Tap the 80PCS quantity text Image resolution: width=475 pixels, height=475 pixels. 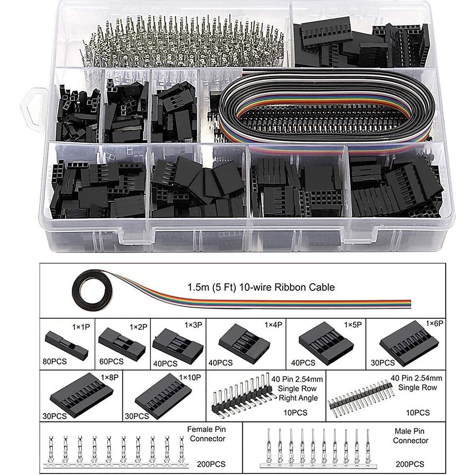(55, 361)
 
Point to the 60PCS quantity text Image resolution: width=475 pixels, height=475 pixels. (111, 361)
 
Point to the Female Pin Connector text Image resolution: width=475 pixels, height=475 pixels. (206, 434)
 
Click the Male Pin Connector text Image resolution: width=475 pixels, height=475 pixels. (411, 435)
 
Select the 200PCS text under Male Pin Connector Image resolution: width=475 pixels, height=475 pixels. (410, 464)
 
